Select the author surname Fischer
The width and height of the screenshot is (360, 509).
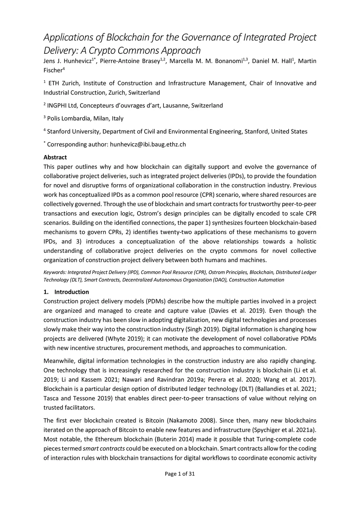(52, 70)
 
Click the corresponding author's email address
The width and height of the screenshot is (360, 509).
(148, 144)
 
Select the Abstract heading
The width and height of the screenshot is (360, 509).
(55, 157)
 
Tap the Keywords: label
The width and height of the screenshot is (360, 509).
(55, 272)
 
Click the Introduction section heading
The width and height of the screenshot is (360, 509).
(71, 292)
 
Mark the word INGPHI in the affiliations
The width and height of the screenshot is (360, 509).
(57, 105)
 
